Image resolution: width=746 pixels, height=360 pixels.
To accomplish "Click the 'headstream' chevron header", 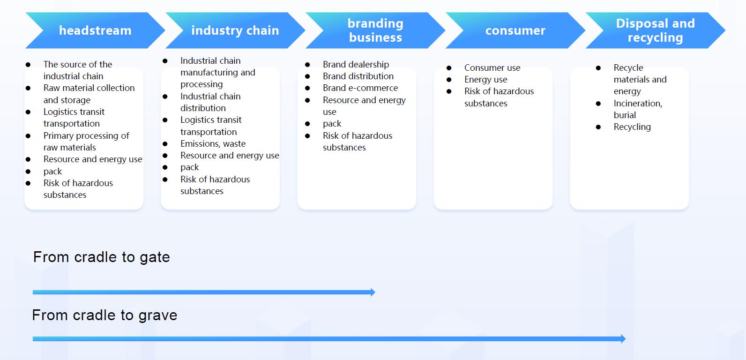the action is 95,30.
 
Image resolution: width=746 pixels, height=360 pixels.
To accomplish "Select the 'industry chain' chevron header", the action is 235,30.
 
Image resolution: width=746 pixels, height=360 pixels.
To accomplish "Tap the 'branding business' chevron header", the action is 375,30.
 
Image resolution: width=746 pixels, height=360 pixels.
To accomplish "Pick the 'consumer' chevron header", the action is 515,30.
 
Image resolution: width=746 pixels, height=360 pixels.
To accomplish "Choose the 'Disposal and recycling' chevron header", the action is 656,30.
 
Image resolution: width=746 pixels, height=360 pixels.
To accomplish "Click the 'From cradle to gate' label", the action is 102,257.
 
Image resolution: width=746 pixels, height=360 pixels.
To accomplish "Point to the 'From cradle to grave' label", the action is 104,315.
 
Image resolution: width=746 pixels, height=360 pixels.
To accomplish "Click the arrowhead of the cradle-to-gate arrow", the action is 373,292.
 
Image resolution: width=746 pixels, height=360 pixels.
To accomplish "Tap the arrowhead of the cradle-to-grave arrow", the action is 623,339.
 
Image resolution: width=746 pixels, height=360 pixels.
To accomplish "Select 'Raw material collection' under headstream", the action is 89,88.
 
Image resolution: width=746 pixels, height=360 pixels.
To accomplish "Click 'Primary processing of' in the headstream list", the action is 86,136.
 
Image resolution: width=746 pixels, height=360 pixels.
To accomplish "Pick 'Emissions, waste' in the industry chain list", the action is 213,144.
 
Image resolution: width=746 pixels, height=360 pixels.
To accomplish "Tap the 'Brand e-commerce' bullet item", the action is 360,88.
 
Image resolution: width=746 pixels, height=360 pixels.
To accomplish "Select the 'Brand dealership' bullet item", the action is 356,64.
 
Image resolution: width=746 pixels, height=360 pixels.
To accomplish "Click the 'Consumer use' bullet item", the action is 492,68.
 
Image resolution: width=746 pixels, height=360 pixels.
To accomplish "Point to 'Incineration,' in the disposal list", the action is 638,104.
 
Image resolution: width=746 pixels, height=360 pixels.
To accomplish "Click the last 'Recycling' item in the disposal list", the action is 632,127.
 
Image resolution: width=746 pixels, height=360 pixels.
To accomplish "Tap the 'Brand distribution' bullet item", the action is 358,76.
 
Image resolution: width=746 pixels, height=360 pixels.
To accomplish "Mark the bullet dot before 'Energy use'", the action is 449,80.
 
